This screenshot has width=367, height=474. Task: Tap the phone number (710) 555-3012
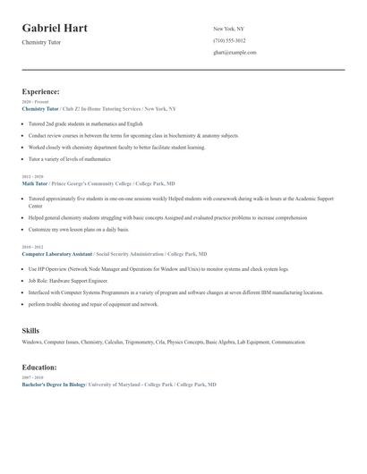[230, 41]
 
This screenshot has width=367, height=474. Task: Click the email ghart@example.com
[235, 53]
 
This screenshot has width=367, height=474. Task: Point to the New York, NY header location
[229, 30]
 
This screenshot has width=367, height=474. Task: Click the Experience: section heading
[41, 91]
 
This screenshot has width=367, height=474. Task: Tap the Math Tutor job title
[35, 183]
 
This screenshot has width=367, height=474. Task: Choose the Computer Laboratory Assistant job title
[57, 254]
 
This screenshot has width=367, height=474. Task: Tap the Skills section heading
[30, 331]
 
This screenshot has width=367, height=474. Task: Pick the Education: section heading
[39, 368]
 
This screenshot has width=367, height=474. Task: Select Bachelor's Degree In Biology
[54, 385]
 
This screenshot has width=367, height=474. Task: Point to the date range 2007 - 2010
[31, 378]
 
